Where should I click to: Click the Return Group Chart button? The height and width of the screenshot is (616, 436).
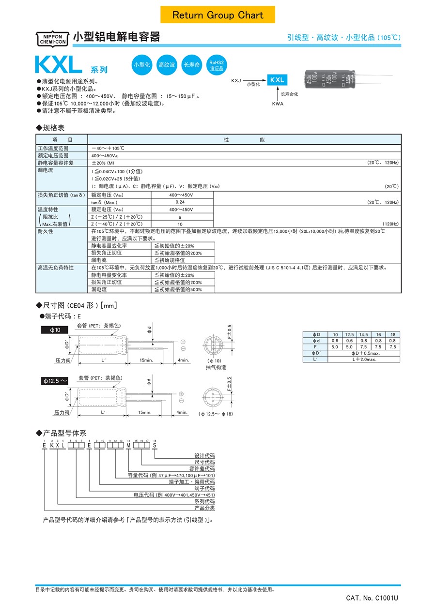click(218, 15)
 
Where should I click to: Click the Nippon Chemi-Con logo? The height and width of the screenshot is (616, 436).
click(53, 39)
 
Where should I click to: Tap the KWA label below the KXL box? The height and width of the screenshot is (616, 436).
click(277, 104)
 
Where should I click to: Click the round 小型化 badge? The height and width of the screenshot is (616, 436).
click(142, 65)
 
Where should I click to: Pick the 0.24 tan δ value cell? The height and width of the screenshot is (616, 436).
click(180, 202)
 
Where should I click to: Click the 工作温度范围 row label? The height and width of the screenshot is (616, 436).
click(53, 148)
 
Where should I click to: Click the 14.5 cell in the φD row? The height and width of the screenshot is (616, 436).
click(363, 335)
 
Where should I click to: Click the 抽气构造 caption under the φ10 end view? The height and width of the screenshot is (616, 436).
click(216, 367)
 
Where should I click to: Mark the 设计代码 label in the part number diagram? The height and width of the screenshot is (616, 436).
click(204, 456)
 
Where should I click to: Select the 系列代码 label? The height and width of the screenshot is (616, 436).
click(204, 502)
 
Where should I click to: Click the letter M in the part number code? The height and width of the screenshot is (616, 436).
click(128, 446)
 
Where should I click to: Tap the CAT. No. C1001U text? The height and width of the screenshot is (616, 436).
click(372, 599)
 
